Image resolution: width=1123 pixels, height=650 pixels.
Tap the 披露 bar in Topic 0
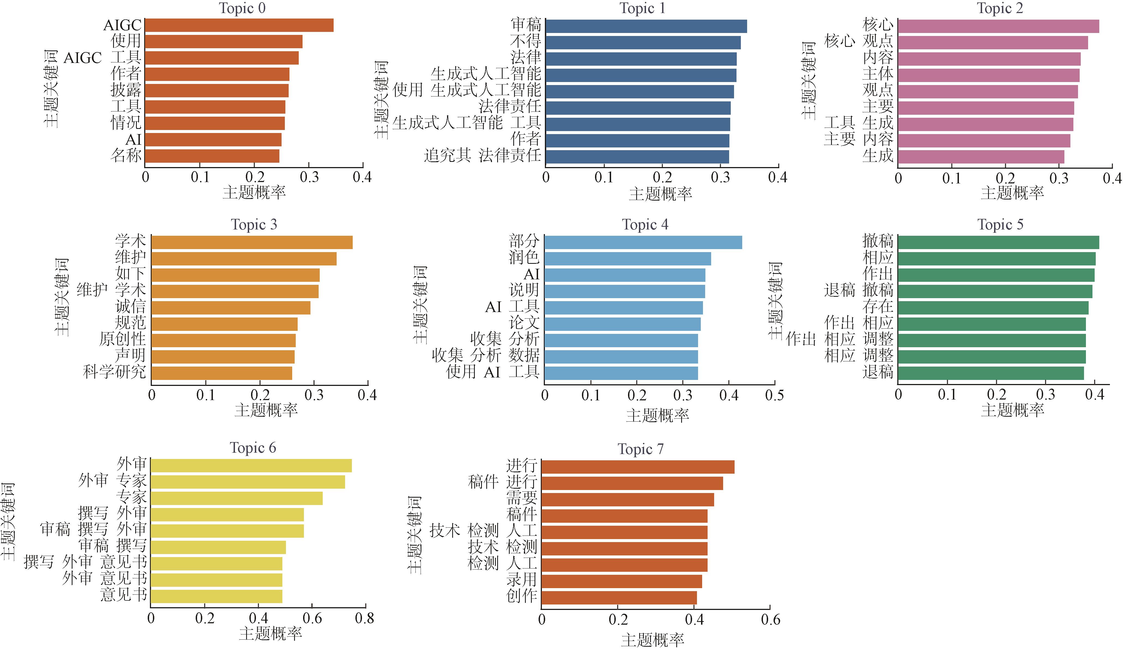tap(217, 90)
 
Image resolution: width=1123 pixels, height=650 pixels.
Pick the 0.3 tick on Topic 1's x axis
tap(720, 177)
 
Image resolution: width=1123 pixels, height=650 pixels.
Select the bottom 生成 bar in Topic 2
tap(981, 157)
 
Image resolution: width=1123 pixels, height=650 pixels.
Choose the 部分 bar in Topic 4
tap(643, 242)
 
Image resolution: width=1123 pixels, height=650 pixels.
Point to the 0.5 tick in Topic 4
tap(774, 395)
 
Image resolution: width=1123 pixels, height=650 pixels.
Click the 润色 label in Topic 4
tap(524, 258)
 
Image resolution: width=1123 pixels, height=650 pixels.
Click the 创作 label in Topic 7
tap(521, 596)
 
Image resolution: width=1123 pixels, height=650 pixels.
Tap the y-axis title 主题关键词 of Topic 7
tap(414, 535)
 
